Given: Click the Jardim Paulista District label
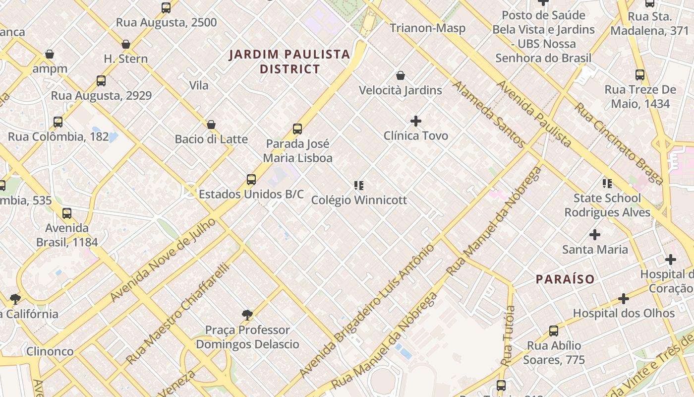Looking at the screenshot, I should (x=290, y=62).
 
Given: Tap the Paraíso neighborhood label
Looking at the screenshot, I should (x=565, y=279).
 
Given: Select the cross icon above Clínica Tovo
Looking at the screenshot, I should (x=416, y=121).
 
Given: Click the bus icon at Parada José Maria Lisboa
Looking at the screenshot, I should (x=297, y=129).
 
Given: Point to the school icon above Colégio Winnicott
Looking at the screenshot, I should (x=359, y=186).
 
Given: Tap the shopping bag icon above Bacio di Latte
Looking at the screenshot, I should (x=211, y=124).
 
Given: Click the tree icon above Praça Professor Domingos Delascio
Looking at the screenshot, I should (x=247, y=315).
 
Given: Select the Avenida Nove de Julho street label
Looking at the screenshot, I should (x=163, y=260).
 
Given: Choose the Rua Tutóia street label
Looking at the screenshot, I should (x=509, y=336).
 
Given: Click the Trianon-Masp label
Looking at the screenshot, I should (x=427, y=28).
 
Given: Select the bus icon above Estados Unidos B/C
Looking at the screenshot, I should (x=251, y=179).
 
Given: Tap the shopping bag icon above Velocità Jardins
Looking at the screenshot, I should (x=401, y=75).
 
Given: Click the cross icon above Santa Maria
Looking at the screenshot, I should (x=595, y=235).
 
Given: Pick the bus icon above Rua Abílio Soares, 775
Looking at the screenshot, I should (x=554, y=331).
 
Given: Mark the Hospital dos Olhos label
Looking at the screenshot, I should (x=624, y=313).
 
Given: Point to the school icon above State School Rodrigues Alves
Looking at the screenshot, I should (x=607, y=184).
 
